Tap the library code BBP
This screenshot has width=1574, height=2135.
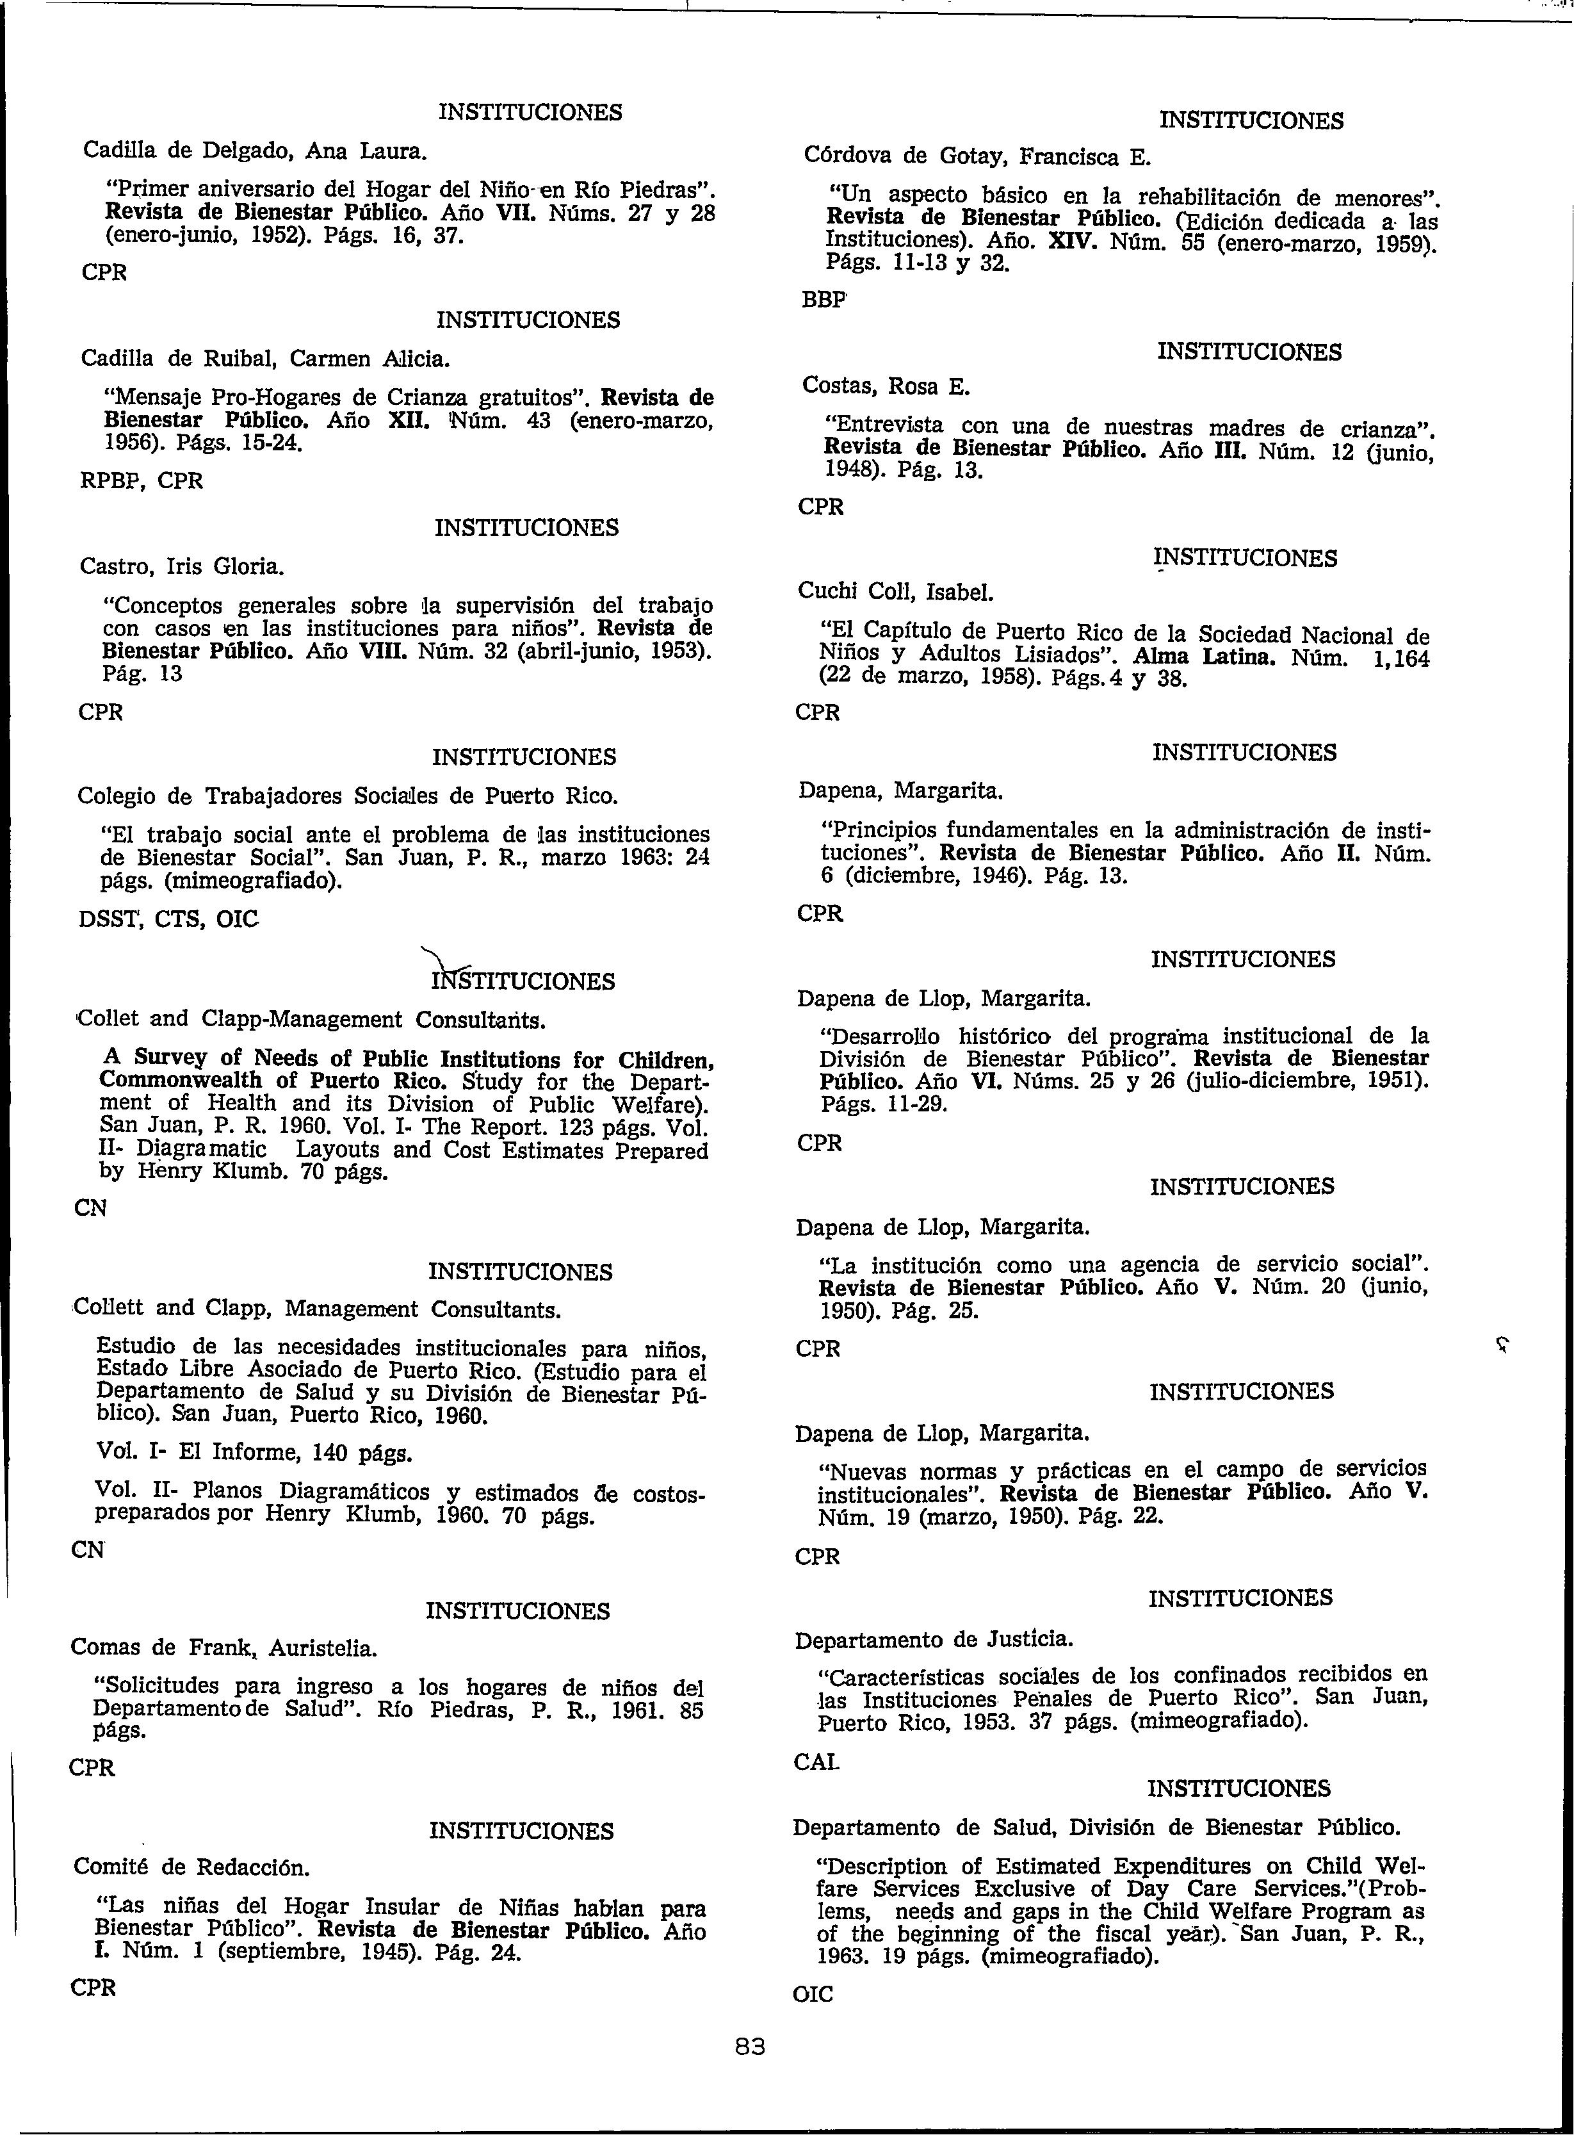tap(824, 299)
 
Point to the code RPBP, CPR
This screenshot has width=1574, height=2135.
tap(142, 481)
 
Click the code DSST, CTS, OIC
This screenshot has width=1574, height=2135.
tap(168, 920)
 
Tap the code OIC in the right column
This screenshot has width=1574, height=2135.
tap(813, 1994)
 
